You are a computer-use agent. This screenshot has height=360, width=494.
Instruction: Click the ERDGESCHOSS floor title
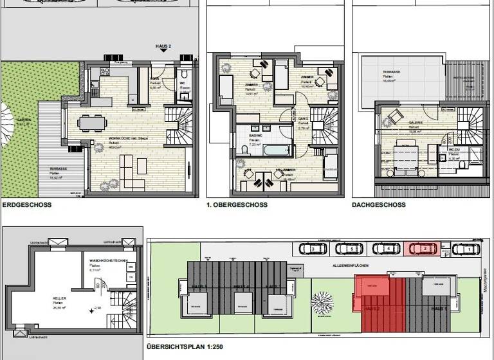(x=28, y=205)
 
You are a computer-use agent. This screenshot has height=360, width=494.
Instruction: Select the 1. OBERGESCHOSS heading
(x=236, y=205)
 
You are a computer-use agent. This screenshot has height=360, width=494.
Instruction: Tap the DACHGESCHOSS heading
(x=379, y=205)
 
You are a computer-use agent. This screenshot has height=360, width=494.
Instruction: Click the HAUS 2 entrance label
(x=164, y=47)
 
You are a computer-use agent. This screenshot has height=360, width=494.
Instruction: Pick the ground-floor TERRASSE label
(x=59, y=170)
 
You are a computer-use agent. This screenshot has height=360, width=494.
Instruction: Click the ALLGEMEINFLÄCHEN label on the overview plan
(x=350, y=265)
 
